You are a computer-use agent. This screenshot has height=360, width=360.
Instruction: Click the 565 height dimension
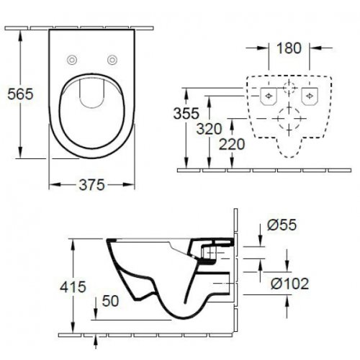pyautogui.click(x=16, y=94)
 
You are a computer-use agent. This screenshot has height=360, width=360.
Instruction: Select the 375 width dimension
pyautogui.click(x=91, y=184)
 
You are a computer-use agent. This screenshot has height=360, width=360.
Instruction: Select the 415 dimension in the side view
pyautogui.click(x=73, y=287)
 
